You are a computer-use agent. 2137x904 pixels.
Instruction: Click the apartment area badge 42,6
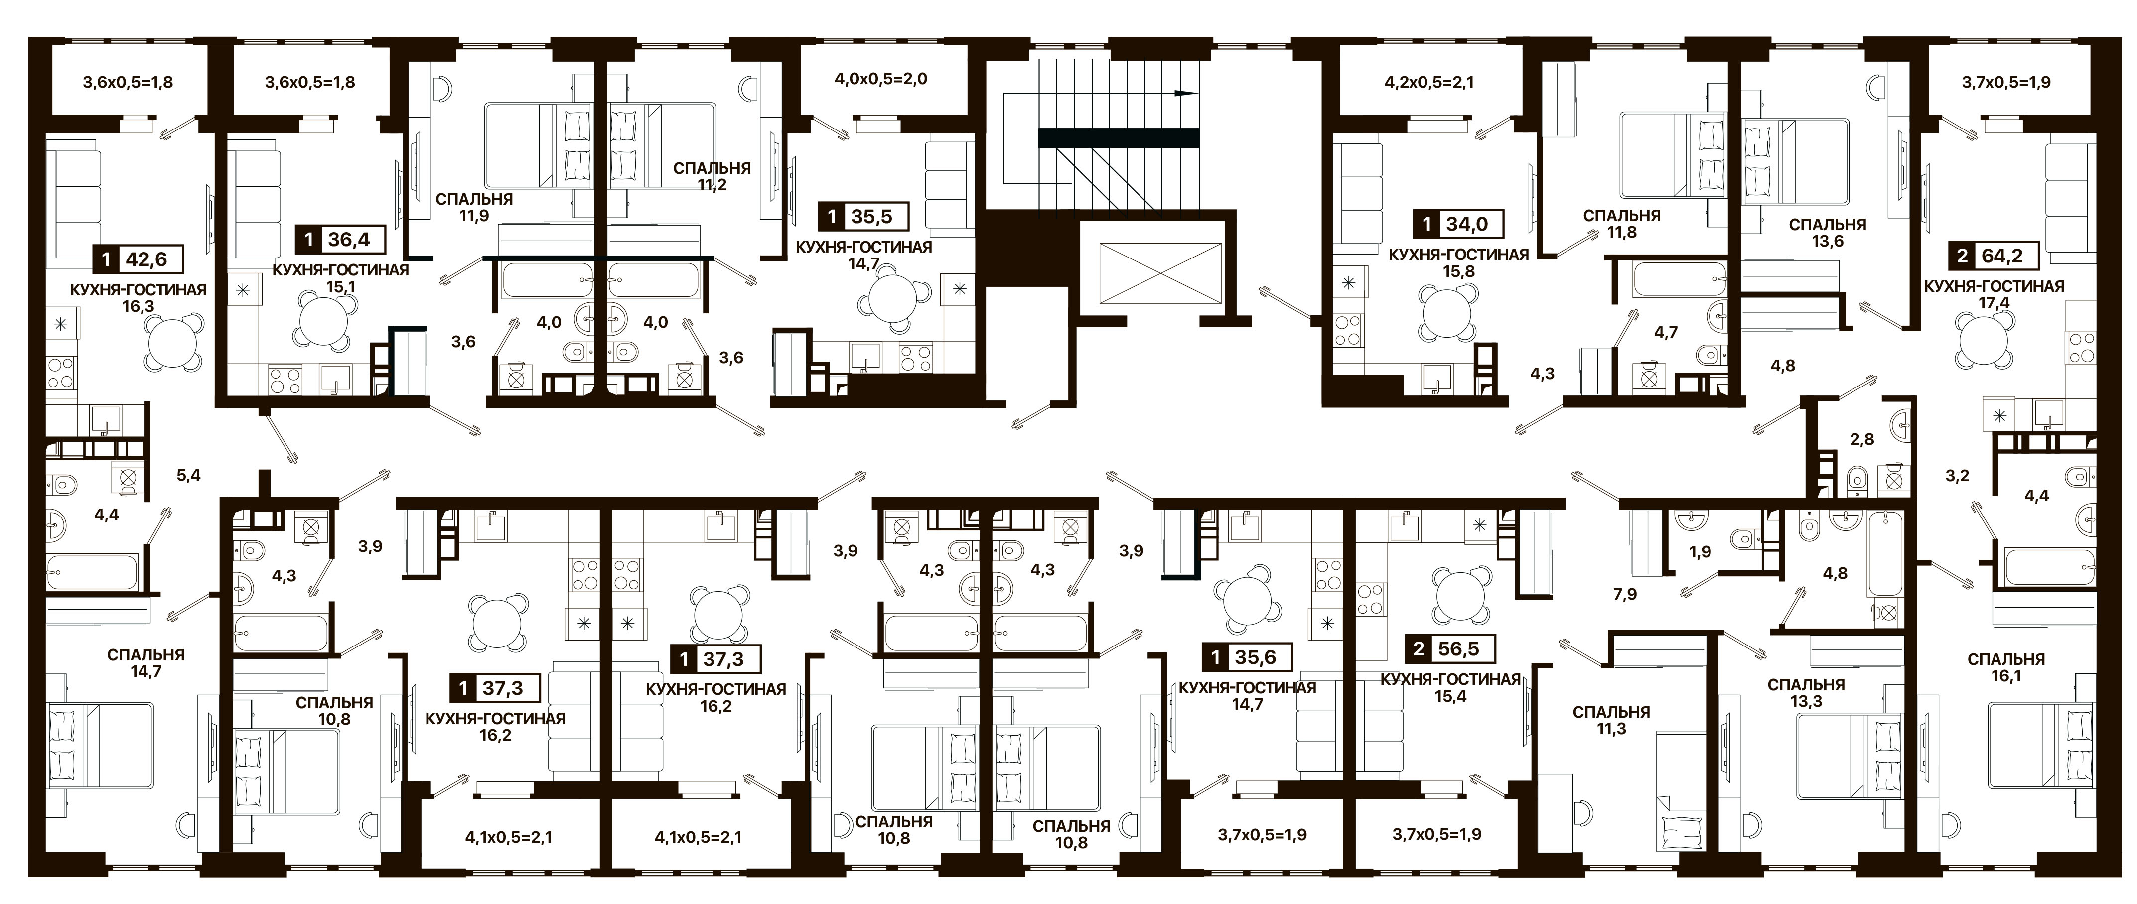tap(138, 259)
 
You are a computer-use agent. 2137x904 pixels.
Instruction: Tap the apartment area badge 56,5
tap(1450, 648)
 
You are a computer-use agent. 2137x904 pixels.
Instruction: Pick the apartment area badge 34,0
tap(1457, 224)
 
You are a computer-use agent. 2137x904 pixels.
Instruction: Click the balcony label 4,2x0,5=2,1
tap(1429, 82)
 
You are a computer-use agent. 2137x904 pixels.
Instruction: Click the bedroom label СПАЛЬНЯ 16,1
tap(2006, 667)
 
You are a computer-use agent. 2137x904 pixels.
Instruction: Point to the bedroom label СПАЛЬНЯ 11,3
tap(1611, 720)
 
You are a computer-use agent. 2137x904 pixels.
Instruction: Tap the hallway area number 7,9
tap(1625, 594)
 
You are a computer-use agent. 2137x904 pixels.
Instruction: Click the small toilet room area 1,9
tap(1700, 551)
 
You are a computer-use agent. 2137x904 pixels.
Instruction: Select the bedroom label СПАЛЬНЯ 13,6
tap(1827, 232)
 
